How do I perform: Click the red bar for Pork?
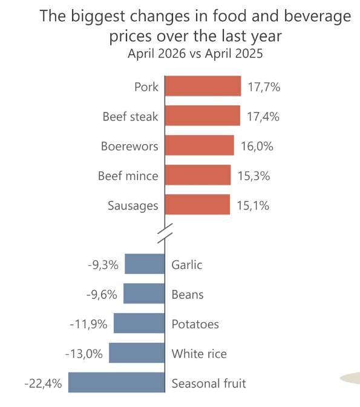(x=203, y=86)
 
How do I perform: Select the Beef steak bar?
(x=203, y=116)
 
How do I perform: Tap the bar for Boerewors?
(x=200, y=145)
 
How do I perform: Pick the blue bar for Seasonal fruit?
(x=116, y=382)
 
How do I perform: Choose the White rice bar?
(x=137, y=352)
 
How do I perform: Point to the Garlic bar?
(x=145, y=263)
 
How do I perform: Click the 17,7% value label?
(x=264, y=87)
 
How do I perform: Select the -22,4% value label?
(x=44, y=383)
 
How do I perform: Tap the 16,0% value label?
(x=257, y=146)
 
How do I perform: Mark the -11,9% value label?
(x=89, y=324)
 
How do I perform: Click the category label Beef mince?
(x=128, y=176)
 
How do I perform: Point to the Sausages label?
(x=133, y=206)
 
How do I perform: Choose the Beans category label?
(x=188, y=294)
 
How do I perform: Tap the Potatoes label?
(x=195, y=324)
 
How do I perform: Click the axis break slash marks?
(x=165, y=233)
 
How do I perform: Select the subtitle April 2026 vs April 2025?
(x=195, y=53)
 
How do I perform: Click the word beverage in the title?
(x=318, y=16)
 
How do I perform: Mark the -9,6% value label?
(x=102, y=294)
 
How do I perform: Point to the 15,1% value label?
(x=253, y=205)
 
